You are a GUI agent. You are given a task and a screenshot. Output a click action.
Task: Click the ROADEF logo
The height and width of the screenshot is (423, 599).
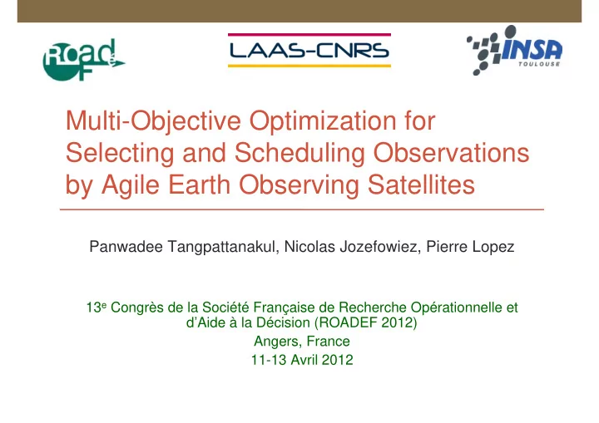coord(83,60)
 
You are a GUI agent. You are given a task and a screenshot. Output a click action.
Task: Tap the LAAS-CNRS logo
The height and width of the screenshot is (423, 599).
coord(309,51)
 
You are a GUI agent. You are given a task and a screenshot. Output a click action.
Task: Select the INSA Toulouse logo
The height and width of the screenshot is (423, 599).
coord(515,51)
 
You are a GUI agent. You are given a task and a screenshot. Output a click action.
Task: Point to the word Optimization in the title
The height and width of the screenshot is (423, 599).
coord(323,121)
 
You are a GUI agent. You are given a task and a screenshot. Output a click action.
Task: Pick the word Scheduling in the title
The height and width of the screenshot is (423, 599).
coord(299,154)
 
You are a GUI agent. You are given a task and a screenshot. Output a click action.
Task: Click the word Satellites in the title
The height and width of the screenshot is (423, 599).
coord(421,184)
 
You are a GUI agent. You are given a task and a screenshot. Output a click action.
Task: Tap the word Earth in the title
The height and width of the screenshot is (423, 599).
coord(199,184)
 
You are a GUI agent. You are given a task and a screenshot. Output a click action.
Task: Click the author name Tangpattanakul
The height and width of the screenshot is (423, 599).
coord(222,247)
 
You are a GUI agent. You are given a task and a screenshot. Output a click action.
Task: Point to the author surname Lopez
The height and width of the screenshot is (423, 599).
coord(493,248)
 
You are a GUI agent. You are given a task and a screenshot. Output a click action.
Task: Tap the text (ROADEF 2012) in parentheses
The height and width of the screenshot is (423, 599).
coord(365,322)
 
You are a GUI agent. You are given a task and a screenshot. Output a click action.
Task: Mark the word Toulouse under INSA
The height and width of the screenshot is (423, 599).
coord(539,64)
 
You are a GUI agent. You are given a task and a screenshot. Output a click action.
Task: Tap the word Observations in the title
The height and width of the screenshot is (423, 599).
coord(451,153)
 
